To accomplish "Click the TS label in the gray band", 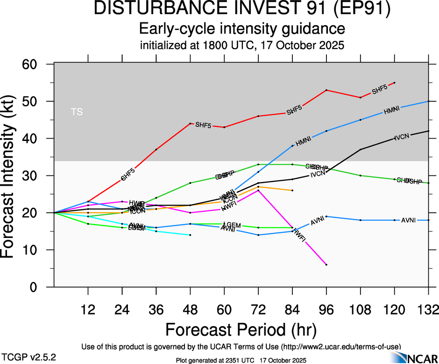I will coord(75,112).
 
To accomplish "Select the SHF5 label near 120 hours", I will coord(380,90).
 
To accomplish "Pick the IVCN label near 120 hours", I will coord(402,137).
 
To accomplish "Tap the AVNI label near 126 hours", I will coord(409,220).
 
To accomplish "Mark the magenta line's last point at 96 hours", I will coord(326,265).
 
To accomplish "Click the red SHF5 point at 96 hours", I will coord(326,90).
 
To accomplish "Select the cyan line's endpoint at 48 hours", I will coord(190,235).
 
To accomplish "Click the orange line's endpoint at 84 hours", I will coord(292,190).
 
